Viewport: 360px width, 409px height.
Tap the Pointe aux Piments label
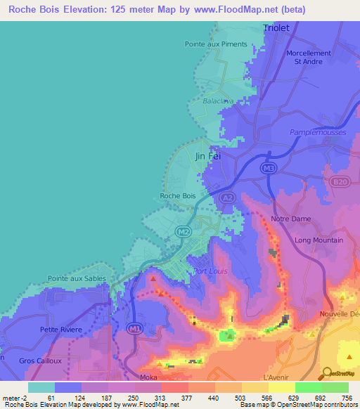click(216, 44)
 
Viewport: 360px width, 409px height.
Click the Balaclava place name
click(218, 101)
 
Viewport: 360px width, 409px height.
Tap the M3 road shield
click(267, 169)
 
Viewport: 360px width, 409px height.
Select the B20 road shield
click(340, 183)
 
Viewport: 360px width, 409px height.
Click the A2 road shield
click(226, 199)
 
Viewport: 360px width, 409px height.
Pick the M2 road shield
click(183, 231)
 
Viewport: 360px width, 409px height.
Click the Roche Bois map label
click(178, 196)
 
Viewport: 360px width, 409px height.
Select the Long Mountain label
click(319, 240)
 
